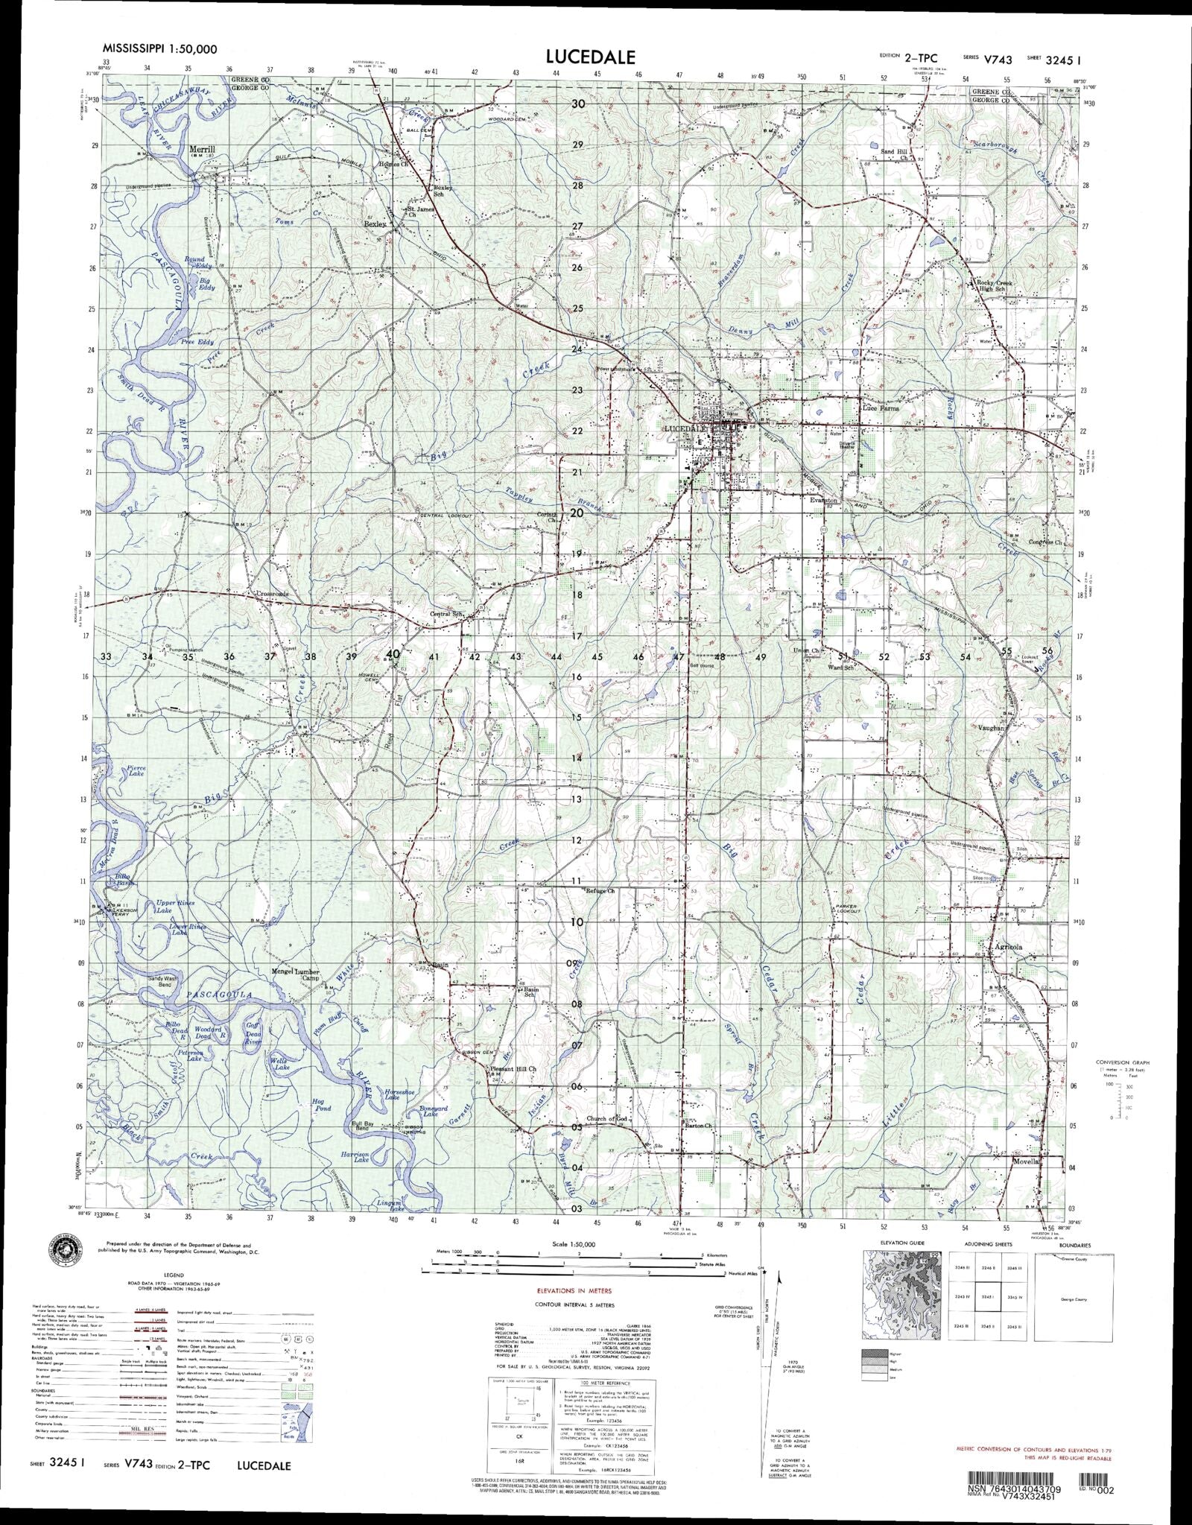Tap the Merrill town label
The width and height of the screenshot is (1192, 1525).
pyautogui.click(x=202, y=149)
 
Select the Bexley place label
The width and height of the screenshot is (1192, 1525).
pyautogui.click(x=374, y=223)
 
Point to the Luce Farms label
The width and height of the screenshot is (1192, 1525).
pyautogui.click(x=880, y=408)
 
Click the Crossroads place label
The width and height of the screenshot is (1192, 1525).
pyautogui.click(x=267, y=594)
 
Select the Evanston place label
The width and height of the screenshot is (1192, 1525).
pyautogui.click(x=824, y=501)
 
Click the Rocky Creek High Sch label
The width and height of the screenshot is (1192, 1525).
pyautogui.click(x=998, y=287)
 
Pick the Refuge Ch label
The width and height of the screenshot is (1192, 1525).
pyautogui.click(x=600, y=891)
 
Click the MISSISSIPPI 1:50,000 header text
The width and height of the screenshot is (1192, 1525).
pyautogui.click(x=159, y=49)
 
